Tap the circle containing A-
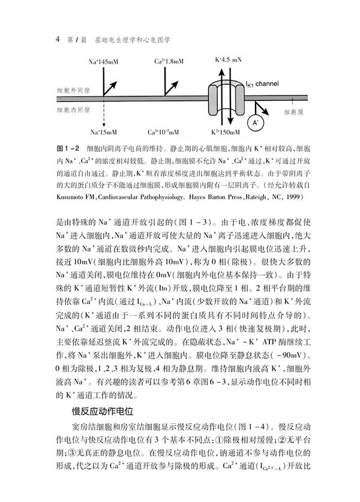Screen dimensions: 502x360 256,122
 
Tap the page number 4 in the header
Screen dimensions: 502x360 56,40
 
